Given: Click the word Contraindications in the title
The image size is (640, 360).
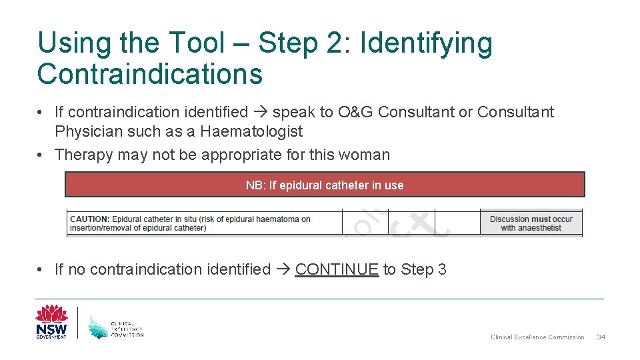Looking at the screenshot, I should pos(150,74).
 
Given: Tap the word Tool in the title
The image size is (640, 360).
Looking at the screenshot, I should pos(197,43).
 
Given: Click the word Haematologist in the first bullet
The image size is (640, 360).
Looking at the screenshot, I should pos(251,131).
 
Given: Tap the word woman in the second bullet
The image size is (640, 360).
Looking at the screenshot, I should pos(363,155).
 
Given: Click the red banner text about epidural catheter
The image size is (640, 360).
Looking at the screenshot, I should pos(325,185).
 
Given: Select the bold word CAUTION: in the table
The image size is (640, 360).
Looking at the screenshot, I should pos(89,219).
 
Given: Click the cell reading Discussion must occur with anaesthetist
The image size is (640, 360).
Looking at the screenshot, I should pos(531,223).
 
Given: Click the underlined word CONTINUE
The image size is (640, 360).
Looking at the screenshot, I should pos(337,269).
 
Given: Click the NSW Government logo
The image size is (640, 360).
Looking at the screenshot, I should pos(51,322).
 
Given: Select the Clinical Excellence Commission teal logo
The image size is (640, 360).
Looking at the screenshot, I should pos(116,325).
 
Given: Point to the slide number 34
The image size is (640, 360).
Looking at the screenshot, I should pos(601,337).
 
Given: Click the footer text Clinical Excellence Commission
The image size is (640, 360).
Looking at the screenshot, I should pos(537,337).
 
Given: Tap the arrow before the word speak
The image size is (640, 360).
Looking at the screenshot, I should pos(259,113).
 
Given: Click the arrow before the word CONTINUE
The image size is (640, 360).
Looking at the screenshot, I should pos(282,270).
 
